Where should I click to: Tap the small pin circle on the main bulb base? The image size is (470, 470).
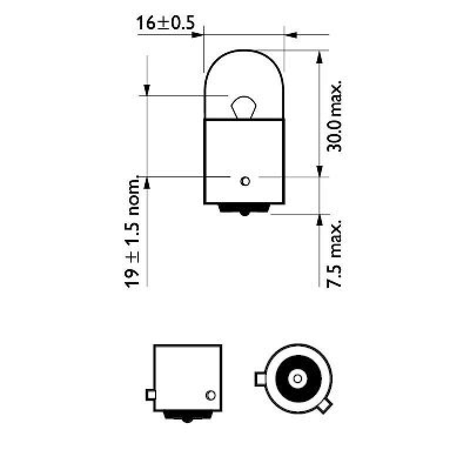(x=245, y=180)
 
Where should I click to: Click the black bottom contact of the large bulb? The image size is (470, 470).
(x=244, y=209)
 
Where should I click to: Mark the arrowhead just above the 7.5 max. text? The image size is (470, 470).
(x=320, y=220)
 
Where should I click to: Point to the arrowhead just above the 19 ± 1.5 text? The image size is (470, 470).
(x=147, y=183)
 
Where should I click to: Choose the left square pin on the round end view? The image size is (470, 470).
(x=259, y=379)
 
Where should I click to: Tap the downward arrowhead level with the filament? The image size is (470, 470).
(x=147, y=89)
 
